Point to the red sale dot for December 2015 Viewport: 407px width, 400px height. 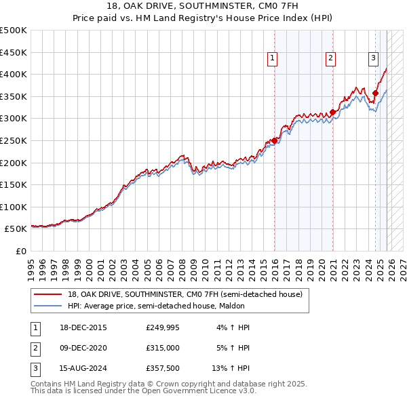(275, 140)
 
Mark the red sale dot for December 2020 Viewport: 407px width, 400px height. (333, 112)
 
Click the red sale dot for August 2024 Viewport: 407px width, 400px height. (375, 93)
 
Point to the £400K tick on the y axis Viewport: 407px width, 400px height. (14, 75)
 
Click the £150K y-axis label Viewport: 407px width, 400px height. (14, 184)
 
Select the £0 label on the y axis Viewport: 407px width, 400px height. (20, 251)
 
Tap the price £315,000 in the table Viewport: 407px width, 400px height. (163, 348)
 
